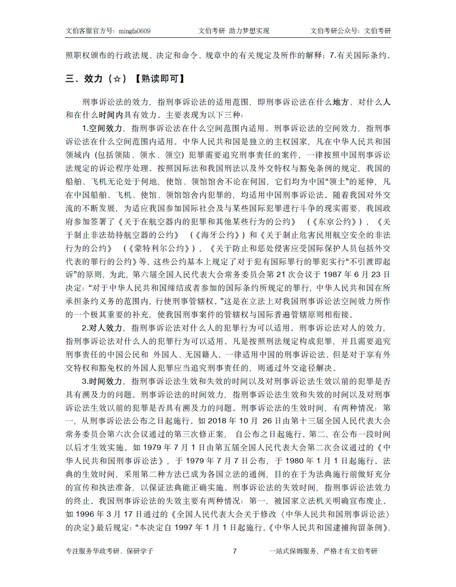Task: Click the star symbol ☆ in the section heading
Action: (117, 79)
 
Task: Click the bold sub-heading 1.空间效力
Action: (102, 128)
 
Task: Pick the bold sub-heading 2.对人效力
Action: (102, 328)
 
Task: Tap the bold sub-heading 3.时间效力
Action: (102, 381)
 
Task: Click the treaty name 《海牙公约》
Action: (218, 235)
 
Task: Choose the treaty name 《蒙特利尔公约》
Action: (160, 248)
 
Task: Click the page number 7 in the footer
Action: (235, 551)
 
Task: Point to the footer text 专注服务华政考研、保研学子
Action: (109, 551)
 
